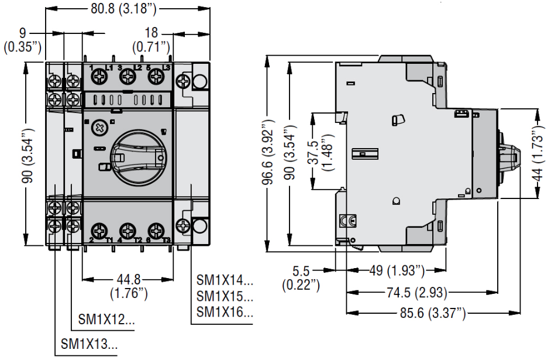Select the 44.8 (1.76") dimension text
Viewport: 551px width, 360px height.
(129, 285)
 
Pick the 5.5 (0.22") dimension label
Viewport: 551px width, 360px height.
(301, 277)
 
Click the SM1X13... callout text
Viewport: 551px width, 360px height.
(89, 344)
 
